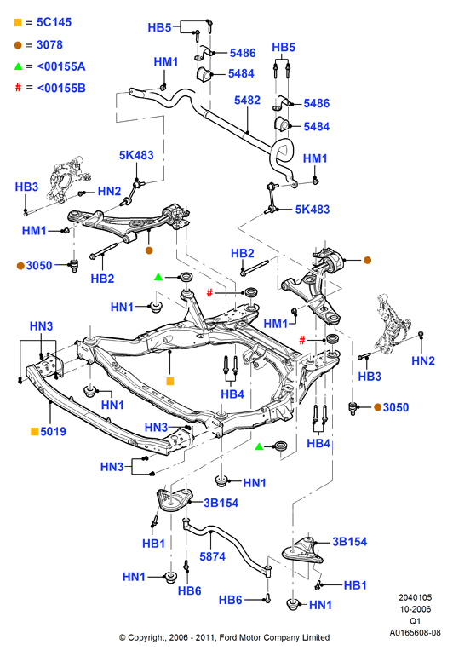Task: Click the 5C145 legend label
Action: tap(54, 22)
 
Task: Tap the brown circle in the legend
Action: tap(18, 45)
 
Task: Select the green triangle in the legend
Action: tap(18, 66)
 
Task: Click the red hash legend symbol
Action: tap(18, 88)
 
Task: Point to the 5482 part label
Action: tap(247, 101)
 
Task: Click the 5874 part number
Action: tap(213, 556)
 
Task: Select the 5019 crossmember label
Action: tap(53, 431)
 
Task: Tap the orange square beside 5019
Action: tap(35, 431)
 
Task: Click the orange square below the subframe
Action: tap(169, 381)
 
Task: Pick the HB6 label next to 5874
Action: tap(190, 590)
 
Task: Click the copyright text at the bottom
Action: tap(224, 637)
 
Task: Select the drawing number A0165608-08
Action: tap(415, 632)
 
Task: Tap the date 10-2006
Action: tap(415, 609)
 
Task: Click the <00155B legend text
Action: tap(61, 88)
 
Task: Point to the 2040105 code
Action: tap(415, 597)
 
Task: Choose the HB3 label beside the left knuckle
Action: tap(26, 187)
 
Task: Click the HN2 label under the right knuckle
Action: tap(423, 360)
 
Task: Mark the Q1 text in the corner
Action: tap(415, 621)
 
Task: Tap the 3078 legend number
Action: tap(49, 45)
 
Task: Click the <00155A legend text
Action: tap(61, 66)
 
